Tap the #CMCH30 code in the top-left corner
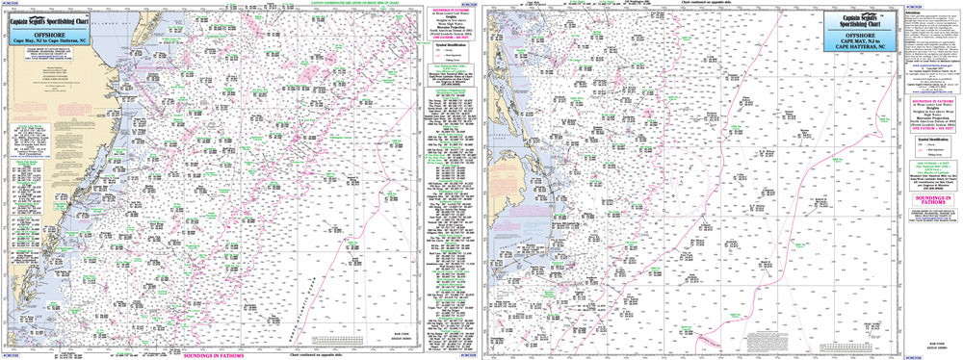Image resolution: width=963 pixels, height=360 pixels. pyautogui.click(x=11, y=4)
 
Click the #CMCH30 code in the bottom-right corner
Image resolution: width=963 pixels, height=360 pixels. pyautogui.click(x=951, y=356)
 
